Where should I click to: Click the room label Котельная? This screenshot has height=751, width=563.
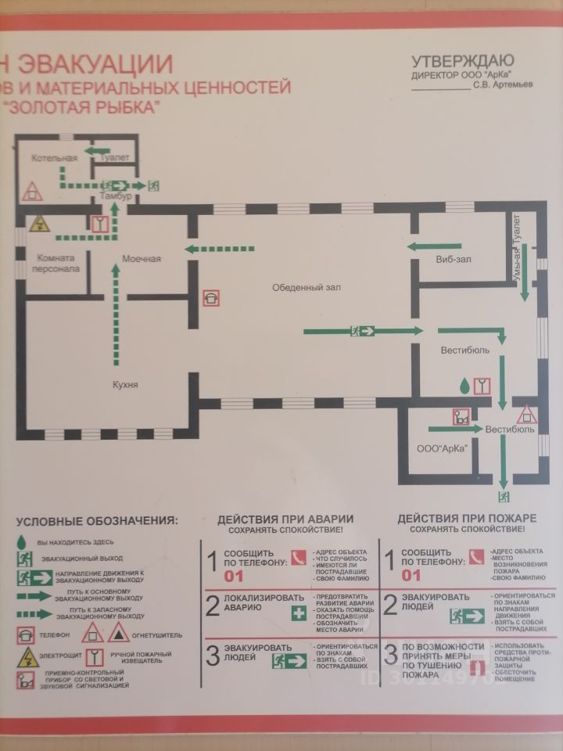point(54,159)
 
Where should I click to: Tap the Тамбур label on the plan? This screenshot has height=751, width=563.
point(116,196)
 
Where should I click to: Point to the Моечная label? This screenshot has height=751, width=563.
point(141,259)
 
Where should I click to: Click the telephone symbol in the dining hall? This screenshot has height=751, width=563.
point(211,297)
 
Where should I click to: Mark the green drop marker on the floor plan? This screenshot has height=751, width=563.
point(464,385)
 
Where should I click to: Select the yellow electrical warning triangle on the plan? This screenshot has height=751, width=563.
point(39,225)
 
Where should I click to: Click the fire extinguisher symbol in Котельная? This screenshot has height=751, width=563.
point(32,190)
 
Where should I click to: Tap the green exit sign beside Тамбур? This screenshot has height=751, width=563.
point(154,185)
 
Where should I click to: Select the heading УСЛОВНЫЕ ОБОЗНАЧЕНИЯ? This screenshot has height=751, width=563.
point(97,520)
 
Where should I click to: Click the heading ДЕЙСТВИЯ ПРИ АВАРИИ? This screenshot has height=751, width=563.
point(285,519)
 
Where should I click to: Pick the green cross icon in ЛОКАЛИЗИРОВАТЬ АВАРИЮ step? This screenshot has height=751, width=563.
point(299,613)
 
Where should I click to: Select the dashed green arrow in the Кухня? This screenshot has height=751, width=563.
point(116,313)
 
